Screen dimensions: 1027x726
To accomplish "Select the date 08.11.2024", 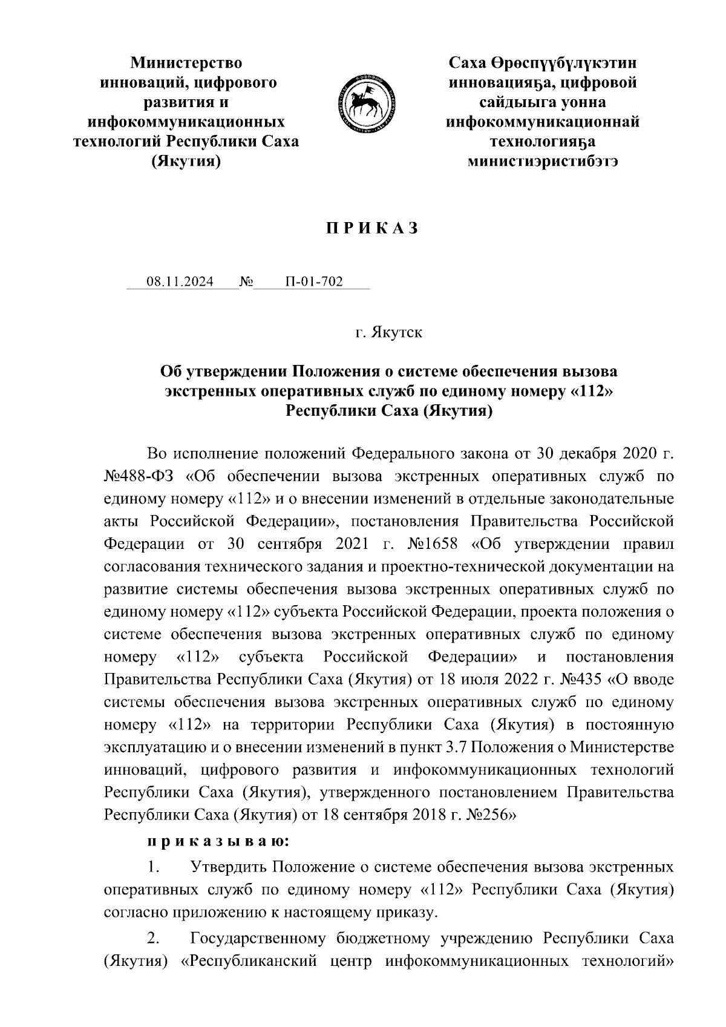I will tap(180, 282).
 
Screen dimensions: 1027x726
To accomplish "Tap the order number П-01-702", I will tap(314, 282).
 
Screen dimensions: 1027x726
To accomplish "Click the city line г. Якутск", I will tap(389, 333).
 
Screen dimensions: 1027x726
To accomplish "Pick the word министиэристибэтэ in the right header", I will tap(543, 162).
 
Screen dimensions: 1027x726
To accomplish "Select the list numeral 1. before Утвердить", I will tap(154, 868).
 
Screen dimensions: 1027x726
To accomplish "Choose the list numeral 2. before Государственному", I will tap(154, 939).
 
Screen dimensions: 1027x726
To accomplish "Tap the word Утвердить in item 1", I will tap(229, 868).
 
